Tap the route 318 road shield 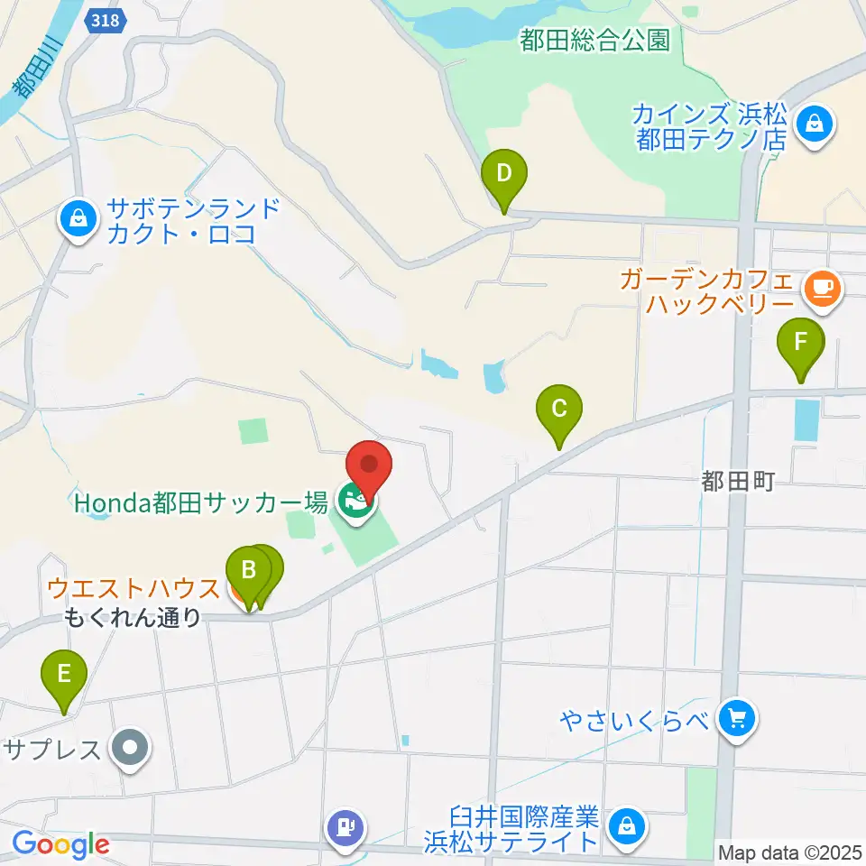pyautogui.click(x=107, y=23)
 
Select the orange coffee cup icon pyautogui.click(x=822, y=288)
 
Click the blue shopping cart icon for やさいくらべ pyautogui.click(x=738, y=719)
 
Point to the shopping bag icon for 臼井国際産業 pyautogui.click(x=625, y=826)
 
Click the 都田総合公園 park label pyautogui.click(x=594, y=41)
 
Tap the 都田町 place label pyautogui.click(x=737, y=483)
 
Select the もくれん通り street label pyautogui.click(x=132, y=619)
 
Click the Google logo pyautogui.click(x=60, y=844)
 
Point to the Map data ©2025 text pyautogui.click(x=789, y=851)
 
